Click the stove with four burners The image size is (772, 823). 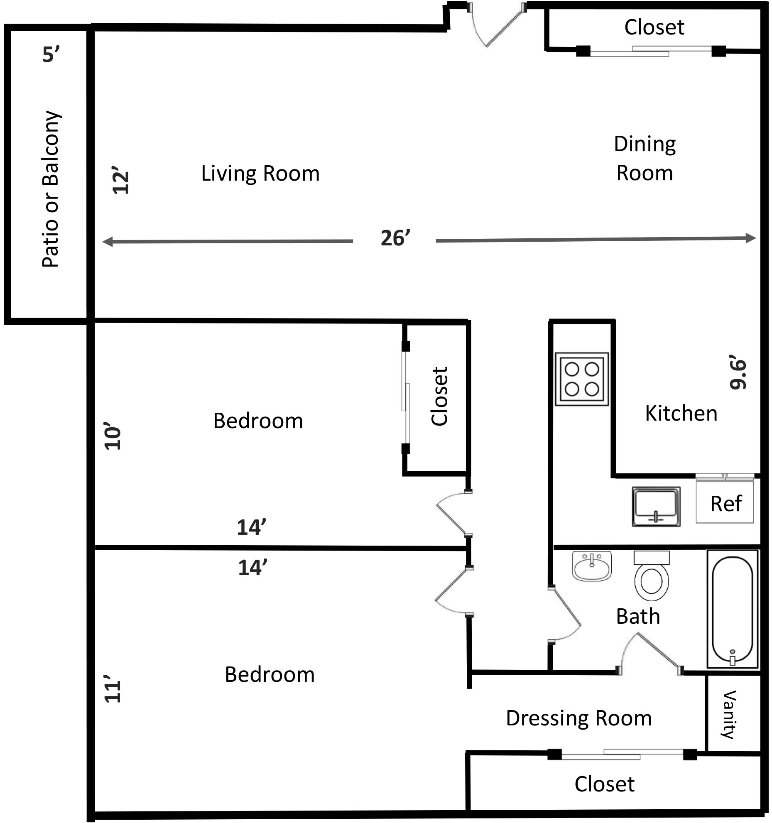(x=582, y=379)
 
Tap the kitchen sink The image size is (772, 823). (x=656, y=507)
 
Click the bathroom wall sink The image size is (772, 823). (x=592, y=566)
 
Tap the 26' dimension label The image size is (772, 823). (x=395, y=238)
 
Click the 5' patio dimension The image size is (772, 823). (x=51, y=54)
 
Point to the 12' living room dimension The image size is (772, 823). (x=121, y=181)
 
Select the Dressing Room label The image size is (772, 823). (x=578, y=718)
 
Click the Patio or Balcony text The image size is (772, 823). (x=51, y=189)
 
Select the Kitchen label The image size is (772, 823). (x=681, y=413)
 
